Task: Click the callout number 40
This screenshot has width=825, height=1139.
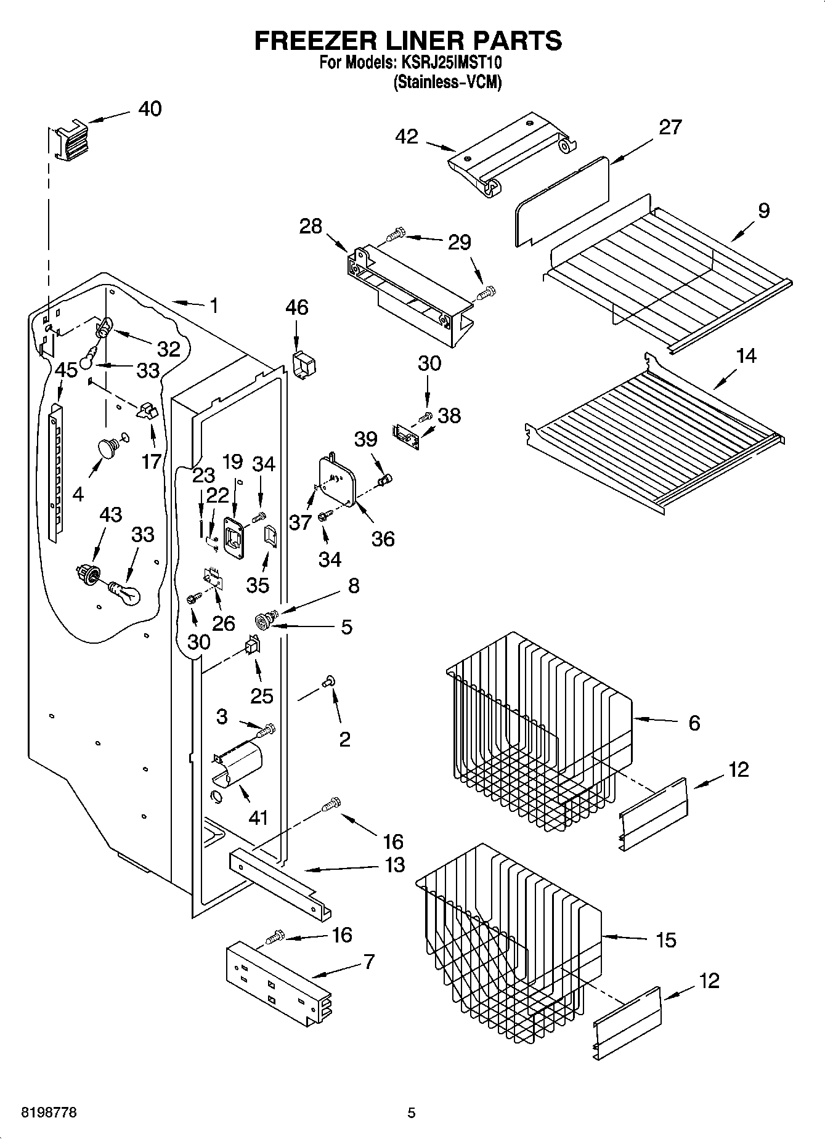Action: (x=150, y=109)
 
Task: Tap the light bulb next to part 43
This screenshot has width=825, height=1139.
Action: (x=126, y=593)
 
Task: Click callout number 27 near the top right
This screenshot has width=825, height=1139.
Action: (x=670, y=127)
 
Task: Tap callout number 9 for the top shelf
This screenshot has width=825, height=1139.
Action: (x=763, y=211)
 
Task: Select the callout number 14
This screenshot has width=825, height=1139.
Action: (x=746, y=355)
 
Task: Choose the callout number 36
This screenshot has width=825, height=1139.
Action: (x=383, y=539)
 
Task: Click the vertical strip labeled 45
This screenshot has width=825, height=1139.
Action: (x=55, y=471)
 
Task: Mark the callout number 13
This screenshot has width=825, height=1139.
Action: (x=394, y=864)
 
